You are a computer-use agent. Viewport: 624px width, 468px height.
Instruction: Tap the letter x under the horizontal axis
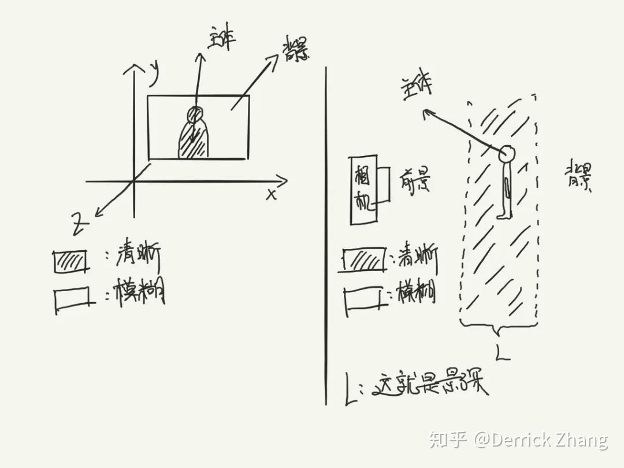point(271,194)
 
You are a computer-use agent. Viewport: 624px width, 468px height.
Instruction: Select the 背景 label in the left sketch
point(295,53)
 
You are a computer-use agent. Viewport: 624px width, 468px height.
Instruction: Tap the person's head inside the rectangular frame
point(195,114)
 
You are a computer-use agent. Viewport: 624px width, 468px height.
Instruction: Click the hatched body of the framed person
point(193,142)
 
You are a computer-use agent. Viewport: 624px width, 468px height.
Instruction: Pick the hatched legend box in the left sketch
point(71,262)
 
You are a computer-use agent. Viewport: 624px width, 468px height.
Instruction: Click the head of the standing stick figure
point(507,154)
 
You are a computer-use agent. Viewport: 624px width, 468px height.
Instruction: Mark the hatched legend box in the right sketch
point(363,259)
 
